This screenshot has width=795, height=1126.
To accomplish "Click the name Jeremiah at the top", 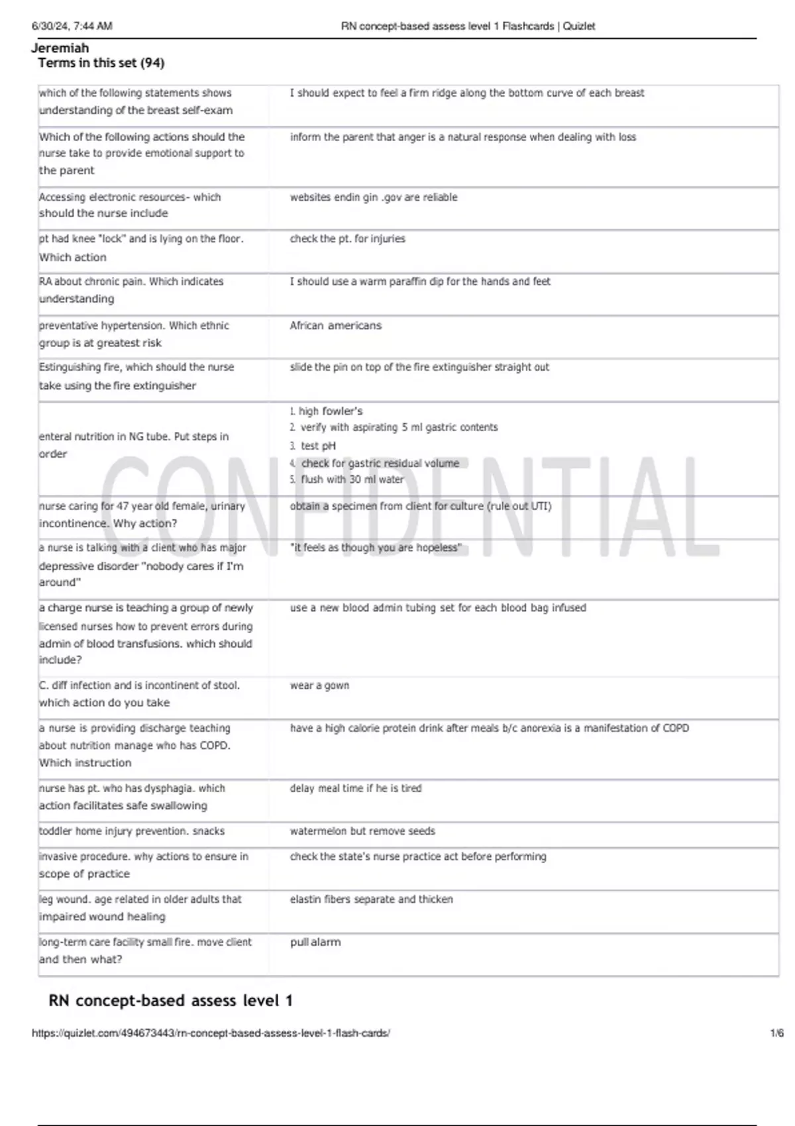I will (x=60, y=48).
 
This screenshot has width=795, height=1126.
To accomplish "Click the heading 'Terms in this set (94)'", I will (x=101, y=63).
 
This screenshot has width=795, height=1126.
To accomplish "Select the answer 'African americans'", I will (x=335, y=325).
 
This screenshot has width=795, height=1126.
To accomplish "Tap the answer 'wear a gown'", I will (x=319, y=686).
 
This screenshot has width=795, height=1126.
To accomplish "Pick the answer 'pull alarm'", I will (x=315, y=942).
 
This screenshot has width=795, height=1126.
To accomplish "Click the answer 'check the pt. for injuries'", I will (x=347, y=238).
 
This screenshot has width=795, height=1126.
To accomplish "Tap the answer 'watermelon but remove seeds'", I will (x=362, y=831).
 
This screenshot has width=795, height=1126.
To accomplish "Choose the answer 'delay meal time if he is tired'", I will (x=356, y=788).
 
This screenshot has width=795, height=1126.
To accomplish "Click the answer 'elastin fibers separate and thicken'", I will (x=372, y=899).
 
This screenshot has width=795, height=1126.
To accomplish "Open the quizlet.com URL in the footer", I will (x=211, y=1033).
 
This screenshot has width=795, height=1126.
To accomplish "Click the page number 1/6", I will (x=776, y=1033).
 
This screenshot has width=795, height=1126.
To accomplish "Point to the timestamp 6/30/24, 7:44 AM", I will (x=72, y=26).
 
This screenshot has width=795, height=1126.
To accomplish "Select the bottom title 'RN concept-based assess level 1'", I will (x=171, y=1000).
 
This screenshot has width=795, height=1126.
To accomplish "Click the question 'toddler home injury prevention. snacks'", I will (x=132, y=831).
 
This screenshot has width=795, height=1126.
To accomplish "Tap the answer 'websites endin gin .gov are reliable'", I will (x=374, y=197).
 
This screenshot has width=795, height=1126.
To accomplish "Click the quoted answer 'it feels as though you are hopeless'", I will (x=376, y=548).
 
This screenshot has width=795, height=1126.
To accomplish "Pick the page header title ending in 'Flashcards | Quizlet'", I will (x=468, y=26).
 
